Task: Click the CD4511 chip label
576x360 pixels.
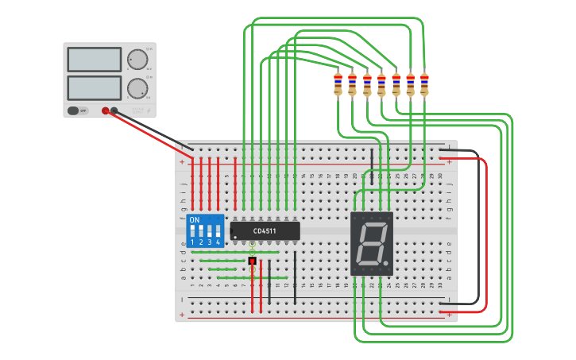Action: point(265,231)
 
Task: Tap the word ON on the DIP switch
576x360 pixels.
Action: point(195,219)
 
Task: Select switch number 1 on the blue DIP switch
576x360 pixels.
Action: point(192,232)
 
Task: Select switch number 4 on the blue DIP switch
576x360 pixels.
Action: point(218,232)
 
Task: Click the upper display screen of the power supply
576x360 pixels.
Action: point(95,60)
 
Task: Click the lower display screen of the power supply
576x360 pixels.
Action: point(95,87)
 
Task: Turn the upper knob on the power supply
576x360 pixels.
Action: point(137,60)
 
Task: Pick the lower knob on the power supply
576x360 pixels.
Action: point(137,87)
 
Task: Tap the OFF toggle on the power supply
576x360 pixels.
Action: point(77,111)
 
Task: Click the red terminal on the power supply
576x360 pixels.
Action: point(105,111)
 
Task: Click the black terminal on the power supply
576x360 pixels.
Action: point(114,111)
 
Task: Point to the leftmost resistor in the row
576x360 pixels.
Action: point(338,83)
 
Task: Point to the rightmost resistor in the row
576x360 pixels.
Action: point(424,83)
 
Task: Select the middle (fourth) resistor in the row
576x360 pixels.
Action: point(381,83)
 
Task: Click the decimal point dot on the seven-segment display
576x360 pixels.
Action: point(385,263)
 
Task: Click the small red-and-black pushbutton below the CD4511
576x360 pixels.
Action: point(253,261)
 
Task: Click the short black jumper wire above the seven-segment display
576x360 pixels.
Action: point(372,167)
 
